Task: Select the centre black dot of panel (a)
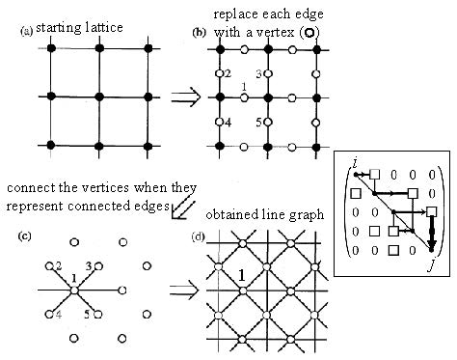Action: tap(98, 97)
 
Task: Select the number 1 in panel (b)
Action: tap(244, 88)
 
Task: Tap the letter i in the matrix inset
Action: tap(355, 167)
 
